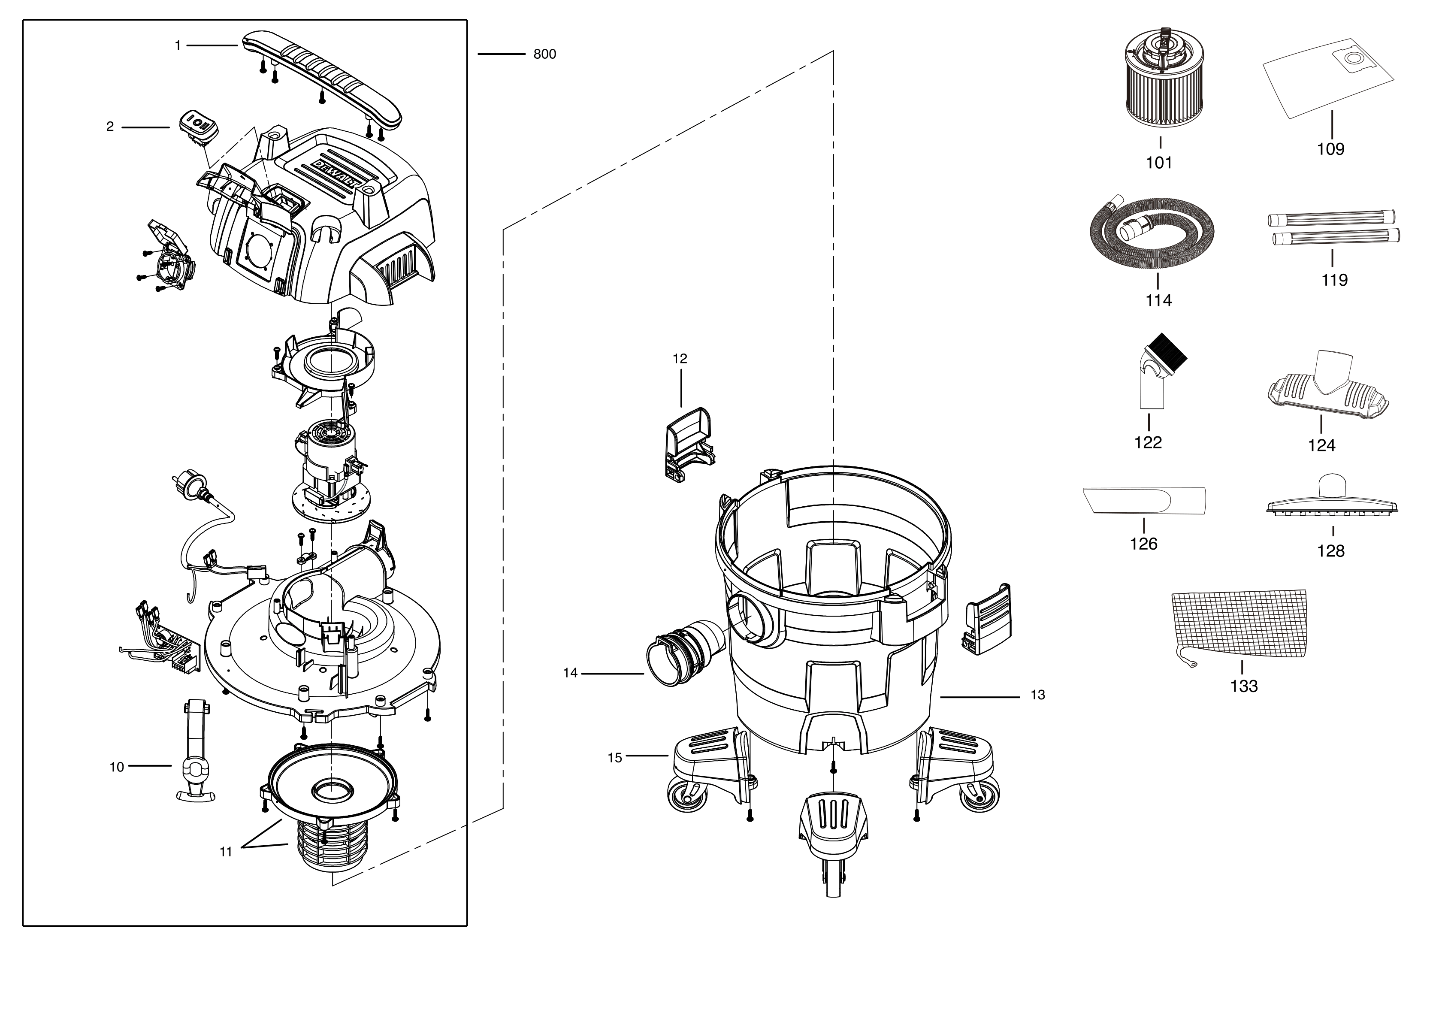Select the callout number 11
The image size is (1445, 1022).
point(225,852)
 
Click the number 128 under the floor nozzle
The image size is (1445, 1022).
point(1330,551)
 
